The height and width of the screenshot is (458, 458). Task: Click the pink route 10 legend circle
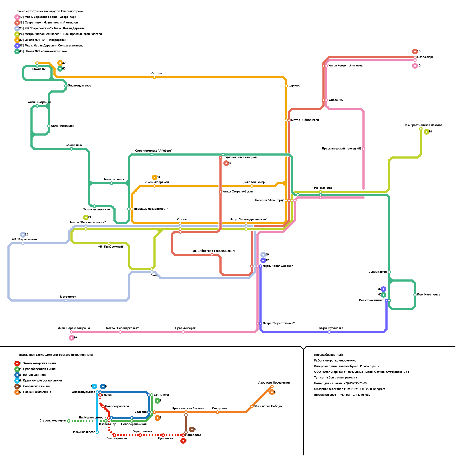click(17, 17)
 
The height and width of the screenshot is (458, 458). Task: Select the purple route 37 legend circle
click(17, 46)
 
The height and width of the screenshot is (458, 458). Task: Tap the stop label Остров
click(157, 74)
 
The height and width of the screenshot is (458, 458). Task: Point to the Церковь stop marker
click(286, 86)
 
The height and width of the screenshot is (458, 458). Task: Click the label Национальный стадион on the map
click(240, 157)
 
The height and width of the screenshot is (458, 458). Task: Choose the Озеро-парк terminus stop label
click(425, 57)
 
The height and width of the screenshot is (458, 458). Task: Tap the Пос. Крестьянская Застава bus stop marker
click(421, 129)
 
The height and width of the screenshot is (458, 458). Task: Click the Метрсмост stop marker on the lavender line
click(66, 301)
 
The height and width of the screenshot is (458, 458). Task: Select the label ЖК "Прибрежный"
click(111, 246)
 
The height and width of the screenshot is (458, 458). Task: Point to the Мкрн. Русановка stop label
click(331, 328)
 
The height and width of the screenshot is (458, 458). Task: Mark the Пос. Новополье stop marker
click(415, 295)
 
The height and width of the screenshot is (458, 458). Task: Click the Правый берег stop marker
click(183, 332)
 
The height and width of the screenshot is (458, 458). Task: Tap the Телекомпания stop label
click(114, 179)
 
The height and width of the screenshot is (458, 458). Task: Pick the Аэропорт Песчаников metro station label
click(274, 383)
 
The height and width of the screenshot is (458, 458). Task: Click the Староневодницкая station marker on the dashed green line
click(69, 421)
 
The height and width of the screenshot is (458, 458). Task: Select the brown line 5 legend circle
click(17, 386)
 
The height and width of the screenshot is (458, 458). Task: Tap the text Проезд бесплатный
click(328, 355)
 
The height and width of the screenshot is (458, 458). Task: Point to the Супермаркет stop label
click(378, 272)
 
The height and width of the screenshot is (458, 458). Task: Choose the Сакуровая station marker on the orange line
click(218, 412)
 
